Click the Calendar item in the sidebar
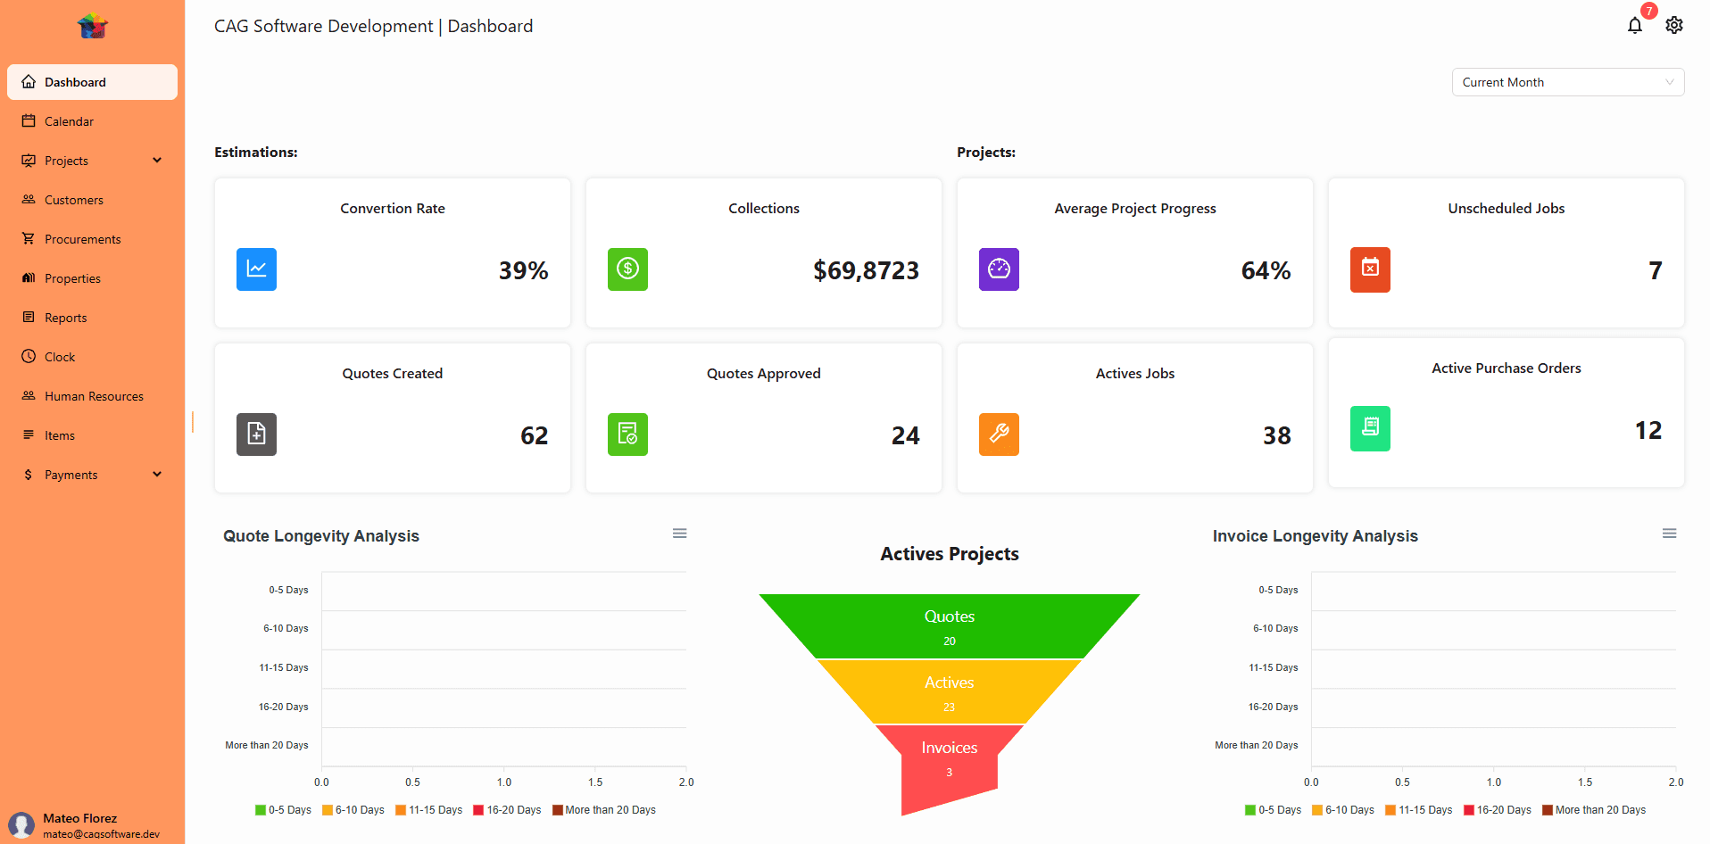[x=69, y=121]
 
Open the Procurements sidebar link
[x=82, y=239]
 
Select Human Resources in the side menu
[x=94, y=396]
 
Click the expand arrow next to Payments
[x=157, y=475]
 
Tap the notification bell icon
[x=1634, y=26]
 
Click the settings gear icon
[x=1674, y=26]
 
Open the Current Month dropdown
[x=1567, y=82]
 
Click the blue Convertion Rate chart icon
[x=256, y=269]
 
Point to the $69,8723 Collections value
[x=866, y=270]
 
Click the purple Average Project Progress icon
[x=999, y=269]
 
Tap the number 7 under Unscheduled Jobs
[x=1655, y=270]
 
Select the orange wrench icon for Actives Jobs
[x=999, y=434]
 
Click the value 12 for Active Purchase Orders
[x=1648, y=430]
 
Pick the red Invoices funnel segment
[x=949, y=758]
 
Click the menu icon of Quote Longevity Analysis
[x=679, y=534]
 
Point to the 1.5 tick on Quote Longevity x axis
[x=595, y=782]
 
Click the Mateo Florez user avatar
[x=21, y=825]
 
